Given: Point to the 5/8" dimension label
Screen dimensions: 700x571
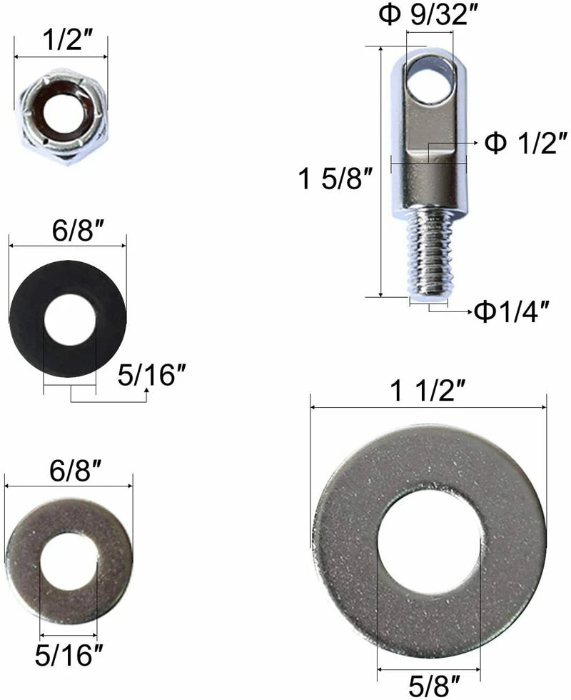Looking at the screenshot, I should coord(428,685).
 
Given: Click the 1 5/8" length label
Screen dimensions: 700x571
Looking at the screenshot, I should coord(336,179).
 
